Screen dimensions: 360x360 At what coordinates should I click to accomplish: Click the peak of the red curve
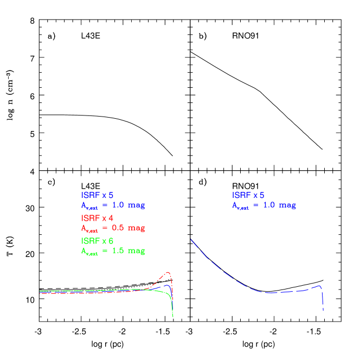(x=169, y=272)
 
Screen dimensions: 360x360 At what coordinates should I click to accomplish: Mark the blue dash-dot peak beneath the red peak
(x=168, y=285)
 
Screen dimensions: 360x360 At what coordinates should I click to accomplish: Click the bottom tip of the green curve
(x=173, y=317)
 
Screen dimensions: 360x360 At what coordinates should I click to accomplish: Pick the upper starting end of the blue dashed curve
(x=191, y=240)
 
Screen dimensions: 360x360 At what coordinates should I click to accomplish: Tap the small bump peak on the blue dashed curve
(x=320, y=286)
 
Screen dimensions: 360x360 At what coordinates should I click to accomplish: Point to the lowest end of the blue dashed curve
(x=323, y=310)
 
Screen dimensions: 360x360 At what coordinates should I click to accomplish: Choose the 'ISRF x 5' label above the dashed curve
(x=248, y=195)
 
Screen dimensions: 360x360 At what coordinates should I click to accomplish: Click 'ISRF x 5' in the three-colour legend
(x=97, y=195)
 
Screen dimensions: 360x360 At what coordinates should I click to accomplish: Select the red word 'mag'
(x=136, y=228)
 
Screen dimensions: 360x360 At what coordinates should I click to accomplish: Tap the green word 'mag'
(x=136, y=250)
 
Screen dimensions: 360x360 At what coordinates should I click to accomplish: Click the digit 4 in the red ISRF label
(x=111, y=218)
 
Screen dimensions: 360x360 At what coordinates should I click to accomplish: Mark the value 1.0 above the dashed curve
(x=269, y=205)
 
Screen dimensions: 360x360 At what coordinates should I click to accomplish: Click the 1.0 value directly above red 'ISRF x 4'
(x=118, y=205)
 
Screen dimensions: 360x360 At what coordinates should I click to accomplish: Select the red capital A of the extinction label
(x=83, y=228)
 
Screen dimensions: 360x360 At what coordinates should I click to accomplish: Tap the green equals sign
(x=105, y=250)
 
